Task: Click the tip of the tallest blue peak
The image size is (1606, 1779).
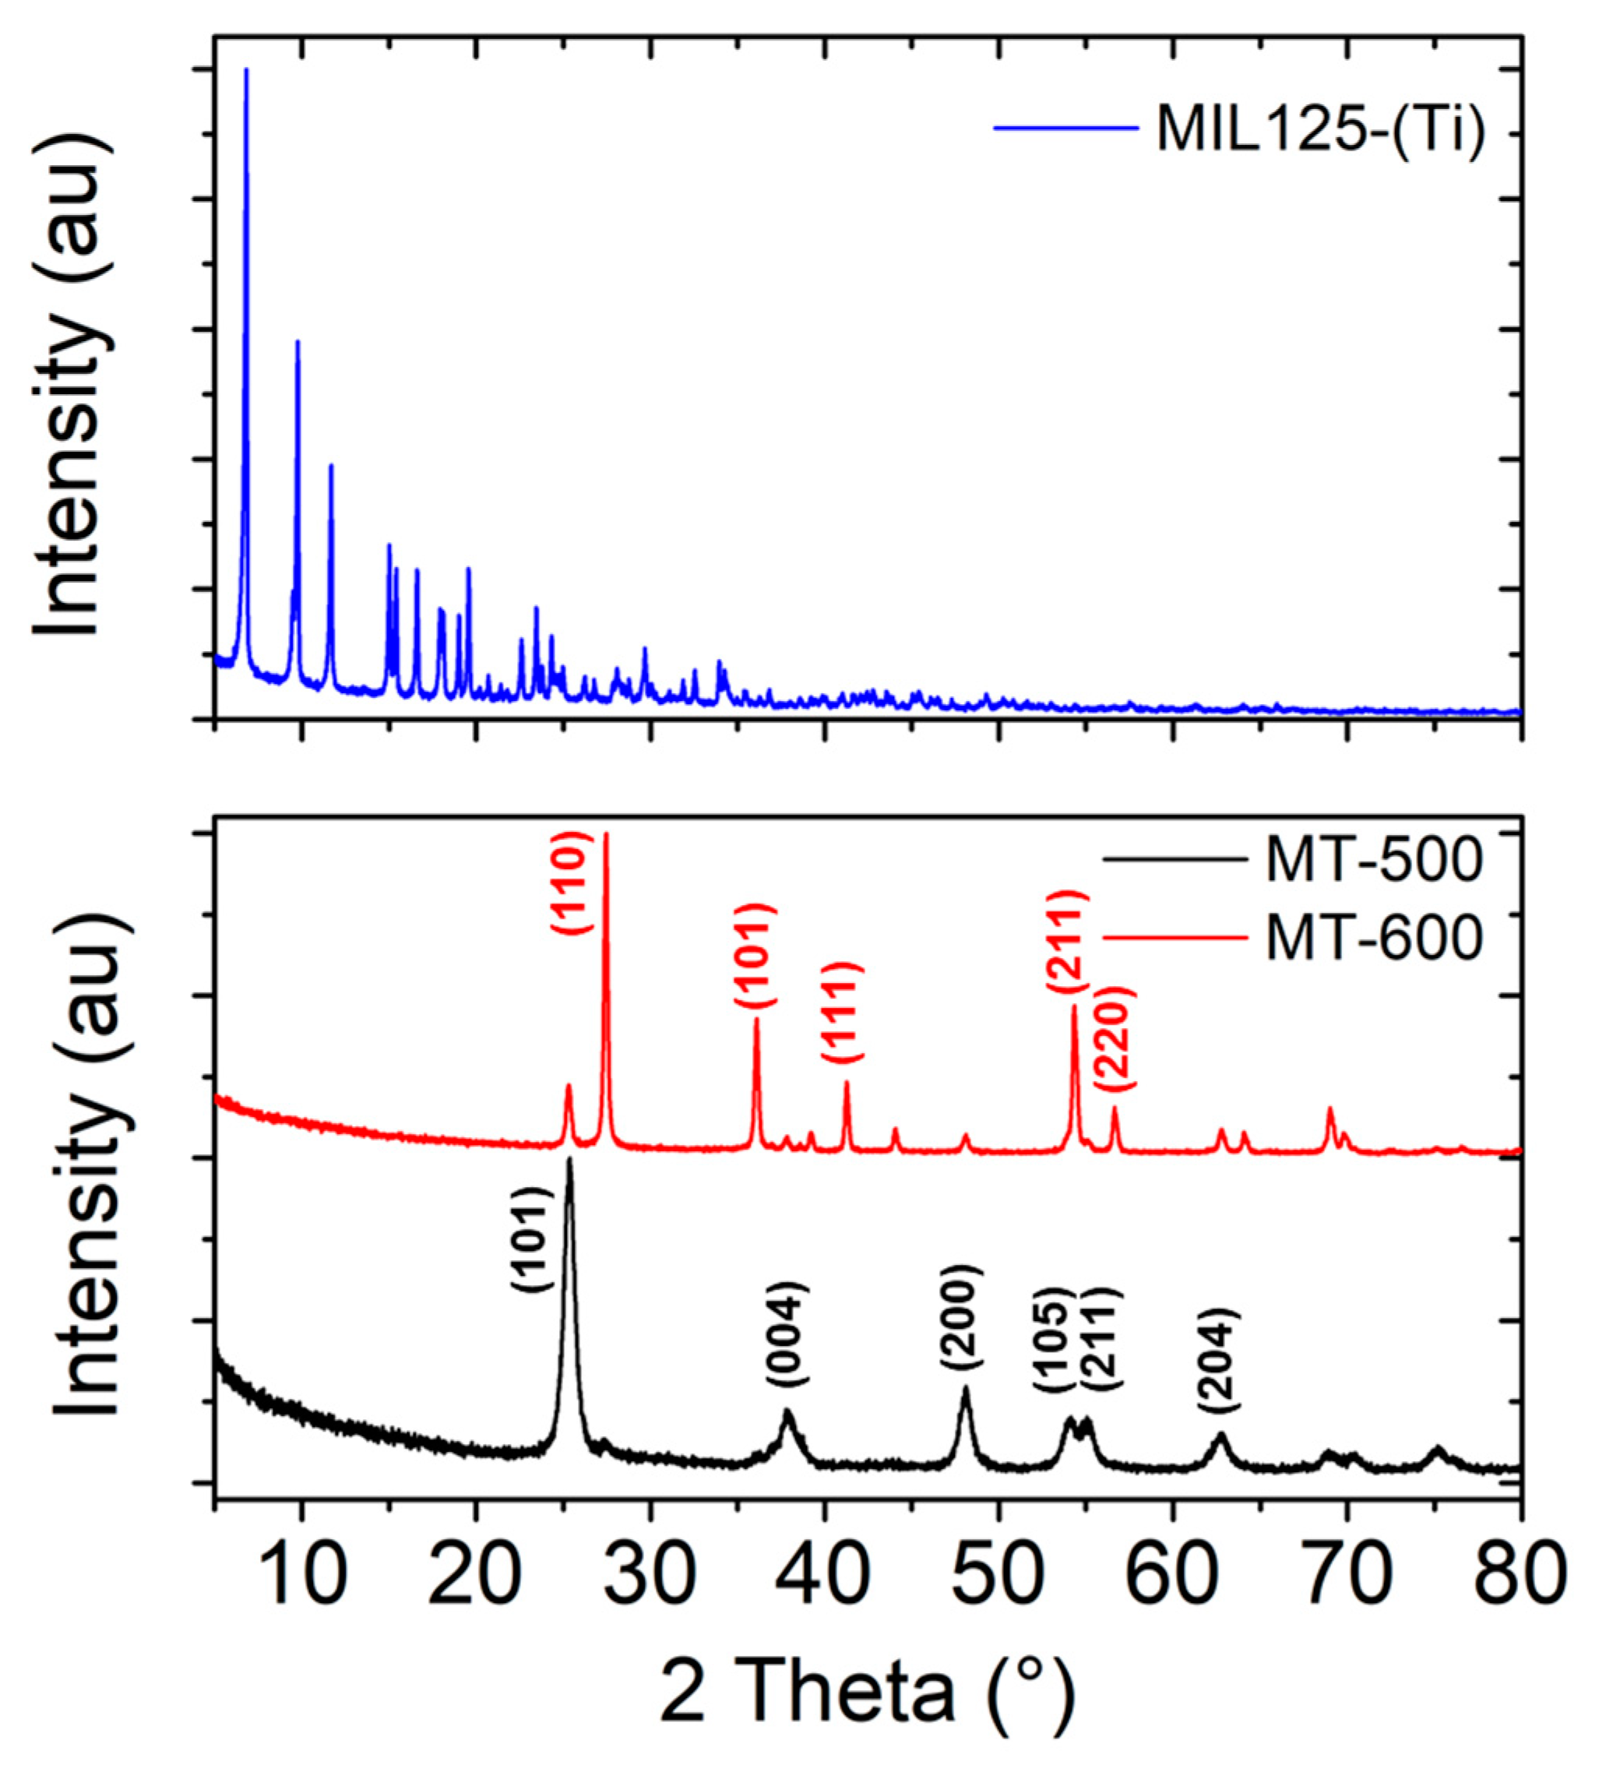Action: click(246, 70)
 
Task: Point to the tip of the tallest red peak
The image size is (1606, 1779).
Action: click(606, 835)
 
